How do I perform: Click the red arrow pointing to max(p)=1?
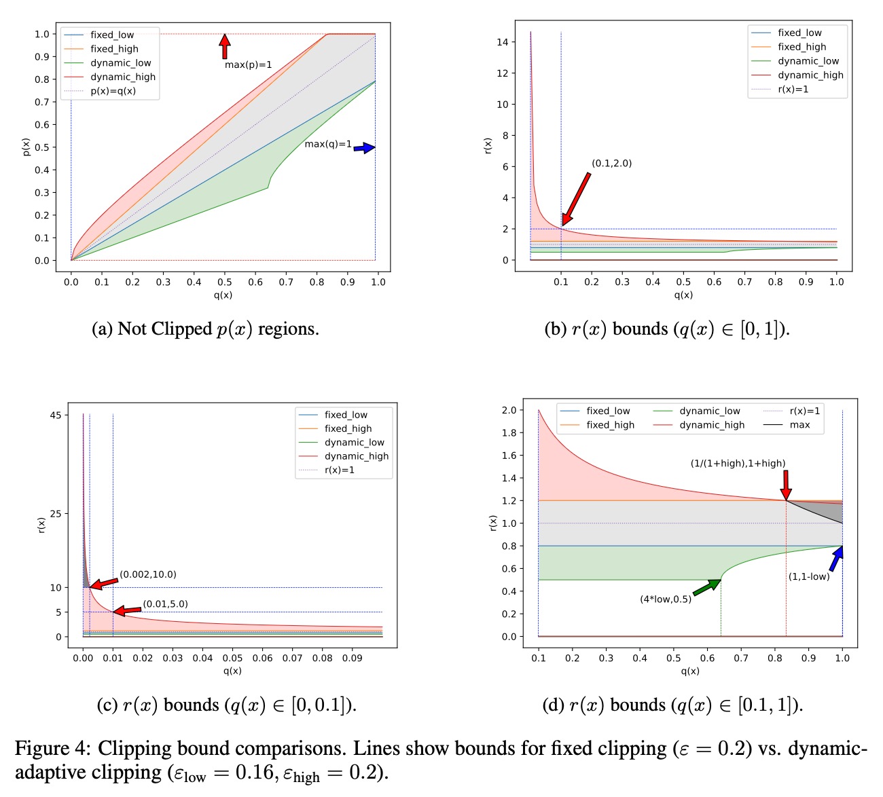224,46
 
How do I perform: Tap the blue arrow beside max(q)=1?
364,147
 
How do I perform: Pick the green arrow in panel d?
706,587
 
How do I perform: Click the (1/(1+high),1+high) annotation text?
738,464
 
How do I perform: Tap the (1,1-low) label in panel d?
808,576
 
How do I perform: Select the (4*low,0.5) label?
665,599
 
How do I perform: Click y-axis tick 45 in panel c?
55,415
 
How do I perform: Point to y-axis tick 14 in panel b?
502,42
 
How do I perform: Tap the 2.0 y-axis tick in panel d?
509,410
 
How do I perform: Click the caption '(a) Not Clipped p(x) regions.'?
205,329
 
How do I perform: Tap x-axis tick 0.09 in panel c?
352,658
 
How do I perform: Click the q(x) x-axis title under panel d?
689,671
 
